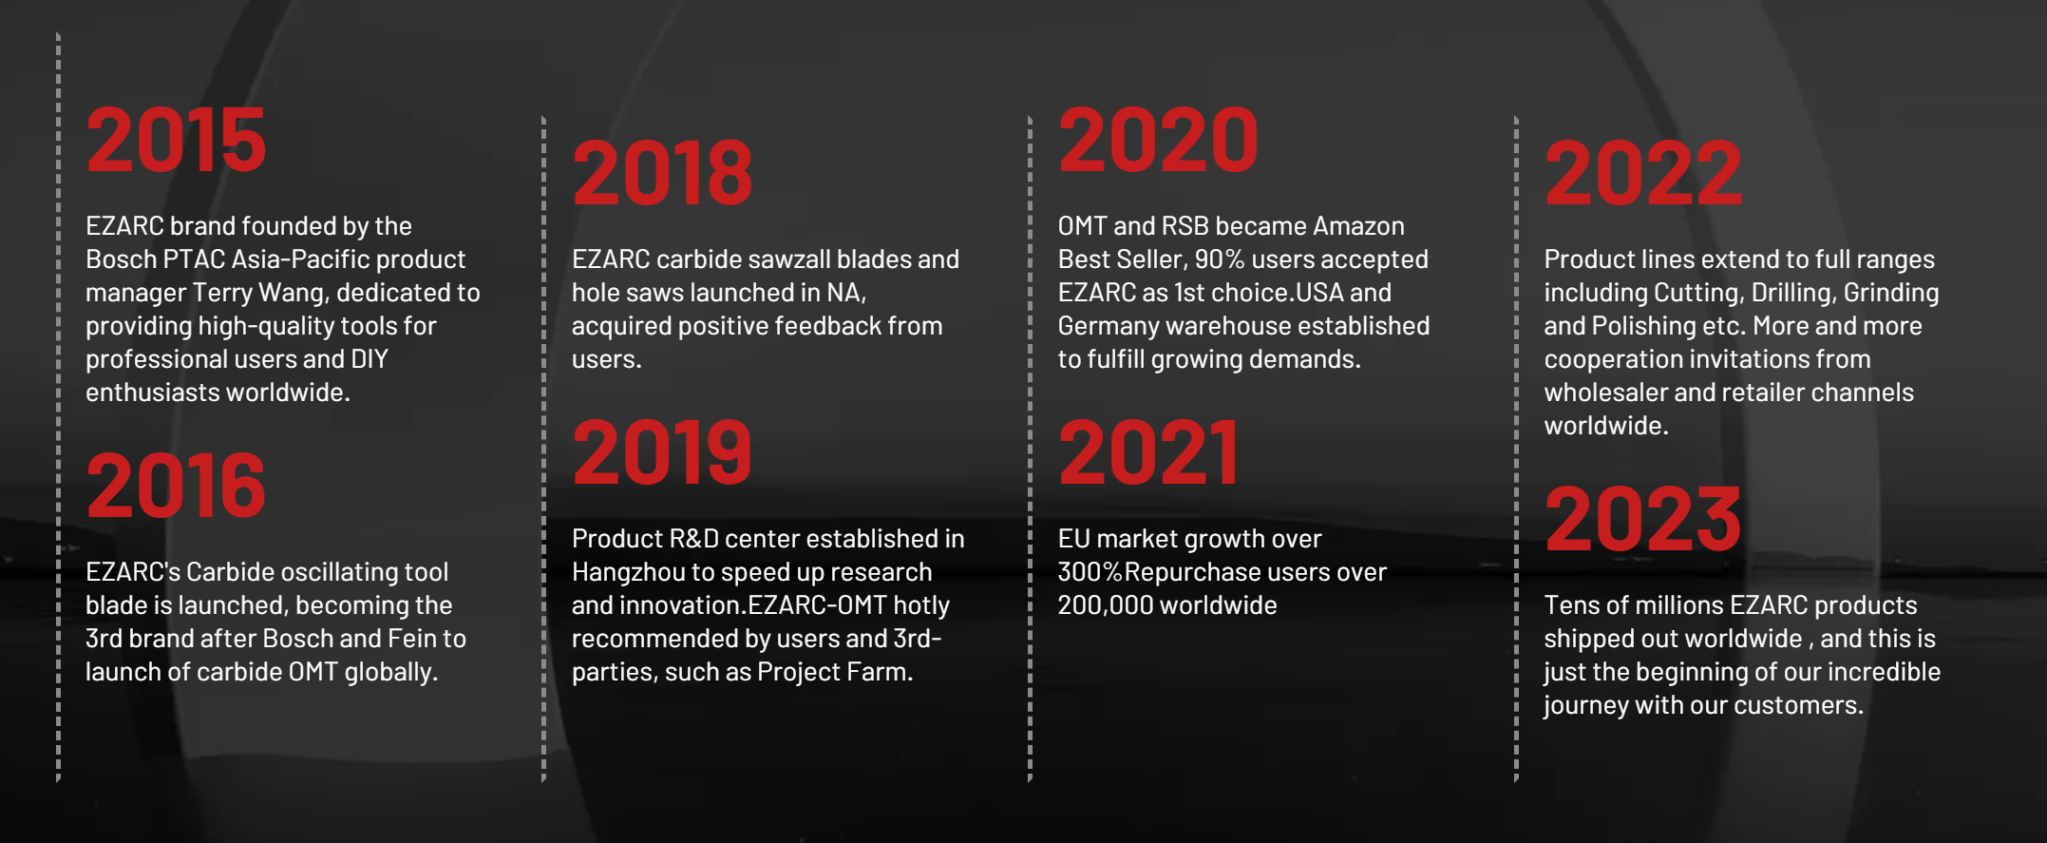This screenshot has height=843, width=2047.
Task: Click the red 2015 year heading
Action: (176, 140)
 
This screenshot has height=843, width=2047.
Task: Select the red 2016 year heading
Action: (176, 486)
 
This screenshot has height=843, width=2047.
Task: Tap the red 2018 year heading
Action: (662, 173)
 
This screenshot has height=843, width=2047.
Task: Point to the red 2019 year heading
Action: (662, 452)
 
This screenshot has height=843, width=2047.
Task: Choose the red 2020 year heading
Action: (1158, 140)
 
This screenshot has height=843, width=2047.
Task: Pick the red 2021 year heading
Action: (1148, 452)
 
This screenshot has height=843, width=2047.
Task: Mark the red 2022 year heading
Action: (1643, 173)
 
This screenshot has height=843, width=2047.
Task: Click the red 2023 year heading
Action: (1643, 519)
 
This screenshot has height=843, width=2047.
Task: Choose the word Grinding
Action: (1891, 294)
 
